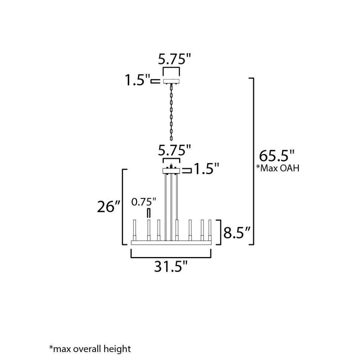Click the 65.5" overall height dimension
(x=276, y=156)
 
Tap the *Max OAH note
(x=278, y=168)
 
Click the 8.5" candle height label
(x=237, y=233)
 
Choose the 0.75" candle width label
(x=144, y=202)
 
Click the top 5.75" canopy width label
(x=175, y=59)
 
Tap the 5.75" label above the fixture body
(x=175, y=150)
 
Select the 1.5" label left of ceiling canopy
(x=137, y=80)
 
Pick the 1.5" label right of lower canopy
(x=207, y=169)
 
